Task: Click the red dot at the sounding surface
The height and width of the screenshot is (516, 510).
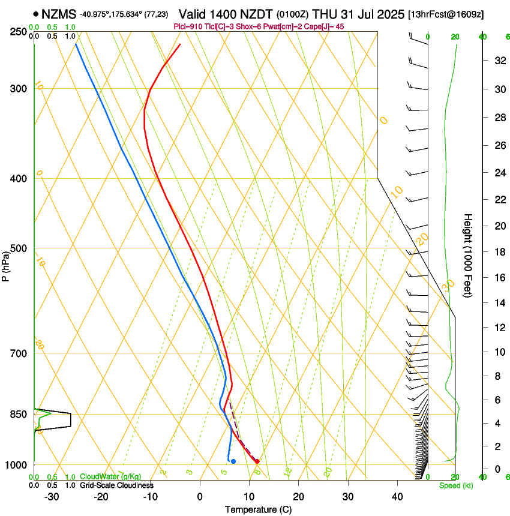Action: [x=257, y=461]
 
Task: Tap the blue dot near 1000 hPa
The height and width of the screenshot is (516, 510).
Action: [x=233, y=461]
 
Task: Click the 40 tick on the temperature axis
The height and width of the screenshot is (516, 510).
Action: [x=397, y=497]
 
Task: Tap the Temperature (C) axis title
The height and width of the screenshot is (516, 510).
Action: [x=258, y=509]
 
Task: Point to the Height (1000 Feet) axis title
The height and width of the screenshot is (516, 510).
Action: [x=469, y=256]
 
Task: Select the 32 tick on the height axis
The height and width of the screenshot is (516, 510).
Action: [x=498, y=61]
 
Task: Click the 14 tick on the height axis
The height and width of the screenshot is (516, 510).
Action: [x=498, y=303]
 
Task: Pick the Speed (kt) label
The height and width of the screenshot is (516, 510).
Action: [x=455, y=485]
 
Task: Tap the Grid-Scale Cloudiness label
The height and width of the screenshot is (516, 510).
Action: [x=116, y=485]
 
